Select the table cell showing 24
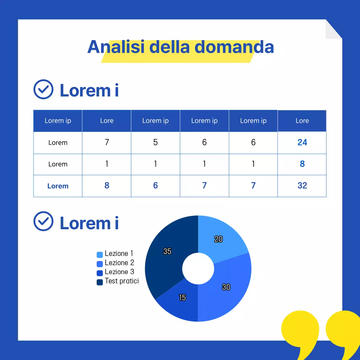(x=302, y=142)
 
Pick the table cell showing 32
(x=302, y=186)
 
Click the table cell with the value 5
(x=156, y=142)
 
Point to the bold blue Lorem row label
(x=58, y=186)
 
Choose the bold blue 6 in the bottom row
(x=156, y=186)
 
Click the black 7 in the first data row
(x=107, y=142)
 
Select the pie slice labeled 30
(x=228, y=290)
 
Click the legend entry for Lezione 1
(x=115, y=254)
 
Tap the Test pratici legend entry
(x=118, y=281)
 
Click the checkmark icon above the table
(x=43, y=89)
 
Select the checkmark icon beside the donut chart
(x=43, y=221)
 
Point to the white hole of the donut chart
(x=198, y=269)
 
